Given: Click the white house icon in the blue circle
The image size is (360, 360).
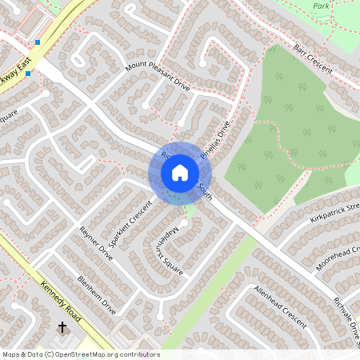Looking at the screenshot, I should (179, 172).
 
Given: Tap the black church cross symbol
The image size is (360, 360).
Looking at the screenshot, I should (62, 327).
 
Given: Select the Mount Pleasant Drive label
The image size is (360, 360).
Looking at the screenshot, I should (157, 76).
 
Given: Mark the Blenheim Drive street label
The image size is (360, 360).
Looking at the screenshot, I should (97, 295).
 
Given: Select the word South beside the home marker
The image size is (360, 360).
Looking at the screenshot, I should (206, 190).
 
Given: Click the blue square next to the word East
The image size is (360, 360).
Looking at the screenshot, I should (37, 42).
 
